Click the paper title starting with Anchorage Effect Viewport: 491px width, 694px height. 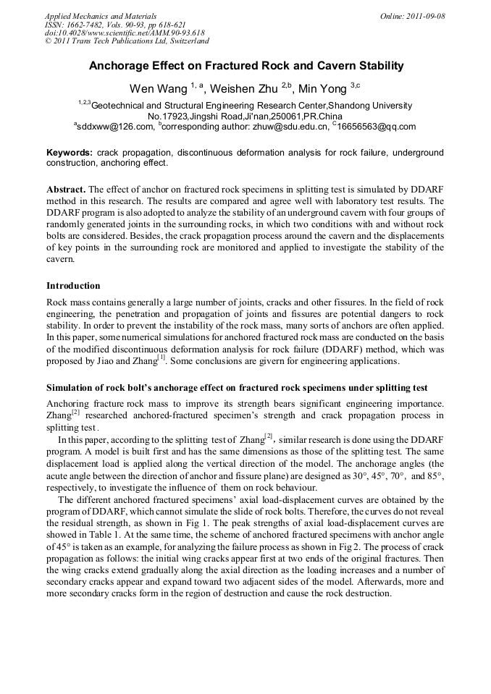click(246, 66)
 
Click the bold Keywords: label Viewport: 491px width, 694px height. click(70, 153)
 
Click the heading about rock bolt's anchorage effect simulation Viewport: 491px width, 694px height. click(236, 388)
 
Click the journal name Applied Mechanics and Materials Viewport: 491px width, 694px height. click(100, 15)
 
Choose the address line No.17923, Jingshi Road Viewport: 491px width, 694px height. click(245, 116)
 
